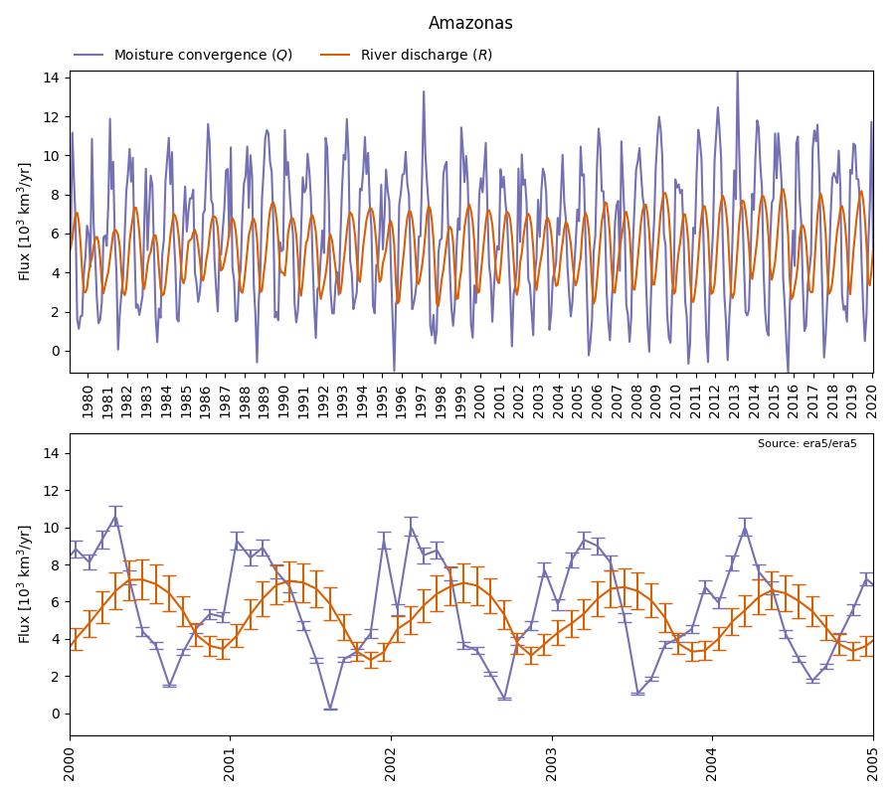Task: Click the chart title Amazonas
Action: [470, 23]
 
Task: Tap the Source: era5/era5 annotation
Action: [806, 444]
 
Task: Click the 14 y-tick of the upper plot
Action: [51, 78]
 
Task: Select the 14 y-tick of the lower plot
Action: [51, 453]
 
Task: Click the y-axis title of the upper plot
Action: [25, 222]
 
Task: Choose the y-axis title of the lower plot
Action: [25, 584]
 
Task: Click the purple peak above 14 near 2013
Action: [737, 73]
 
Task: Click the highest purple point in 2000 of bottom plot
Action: [115, 516]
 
